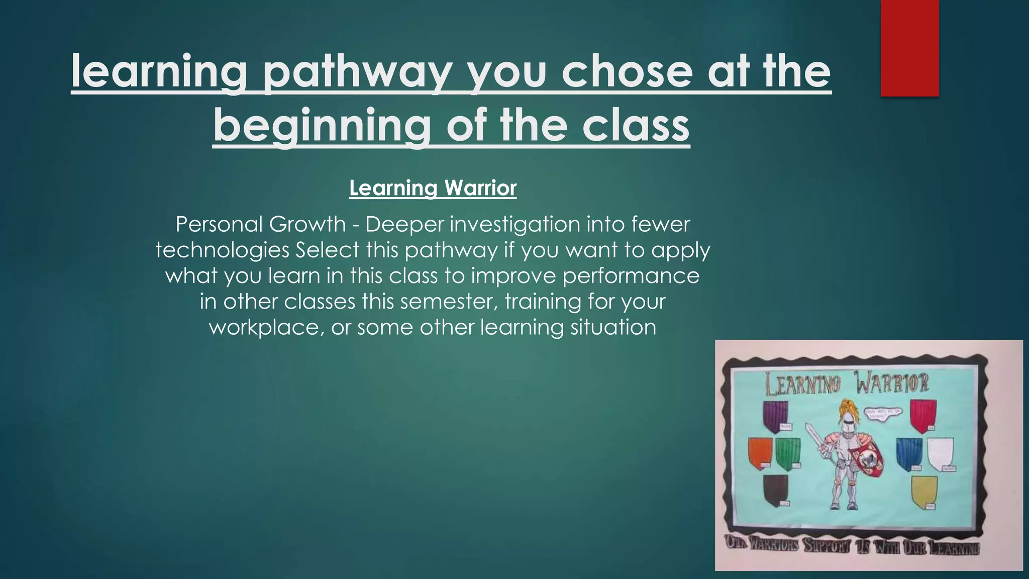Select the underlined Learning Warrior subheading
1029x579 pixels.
pyautogui.click(x=433, y=188)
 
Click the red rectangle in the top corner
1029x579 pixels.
pyautogui.click(x=909, y=48)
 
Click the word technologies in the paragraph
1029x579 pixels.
pyautogui.click(x=222, y=250)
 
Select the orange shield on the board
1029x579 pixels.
pyautogui.click(x=760, y=452)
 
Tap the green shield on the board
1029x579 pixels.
pyautogui.click(x=787, y=452)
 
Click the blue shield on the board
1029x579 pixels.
pyautogui.click(x=909, y=453)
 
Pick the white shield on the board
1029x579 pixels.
pyautogui.click(x=940, y=453)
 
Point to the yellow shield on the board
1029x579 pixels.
pyautogui.click(x=924, y=492)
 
